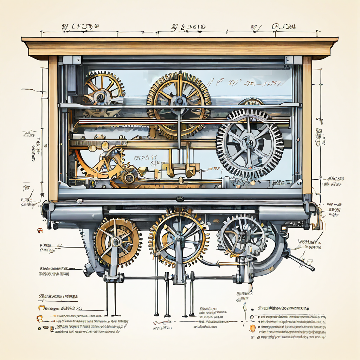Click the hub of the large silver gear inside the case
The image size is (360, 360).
click(250, 143)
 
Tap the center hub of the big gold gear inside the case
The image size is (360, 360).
click(179, 101)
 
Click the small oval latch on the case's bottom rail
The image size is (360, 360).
click(180, 199)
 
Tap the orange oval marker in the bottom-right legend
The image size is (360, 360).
click(252, 329)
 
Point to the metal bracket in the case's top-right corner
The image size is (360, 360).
click(293, 60)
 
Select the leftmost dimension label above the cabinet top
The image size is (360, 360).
click(80, 27)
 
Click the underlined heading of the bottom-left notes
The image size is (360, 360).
click(58, 297)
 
